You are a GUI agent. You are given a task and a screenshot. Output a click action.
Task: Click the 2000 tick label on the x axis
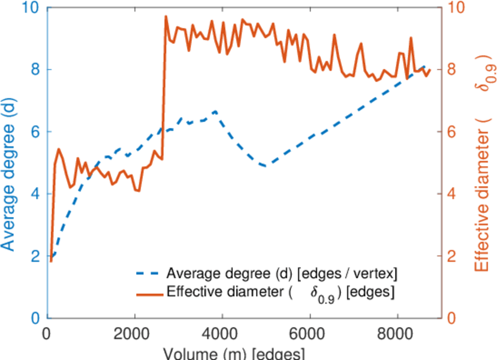pyautogui.click(x=135, y=334)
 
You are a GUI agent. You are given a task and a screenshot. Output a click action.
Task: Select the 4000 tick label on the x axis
pyautogui.click(x=222, y=334)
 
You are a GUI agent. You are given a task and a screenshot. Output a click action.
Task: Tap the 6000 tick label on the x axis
pyautogui.click(x=309, y=334)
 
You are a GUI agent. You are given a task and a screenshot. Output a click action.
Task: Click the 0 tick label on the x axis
pyautogui.click(x=48, y=334)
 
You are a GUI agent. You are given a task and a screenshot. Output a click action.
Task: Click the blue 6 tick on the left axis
pyautogui.click(x=35, y=132)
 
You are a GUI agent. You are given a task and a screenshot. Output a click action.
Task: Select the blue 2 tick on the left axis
pyautogui.click(x=35, y=256)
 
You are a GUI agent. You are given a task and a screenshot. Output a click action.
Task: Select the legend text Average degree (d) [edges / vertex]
pyautogui.click(x=282, y=274)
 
